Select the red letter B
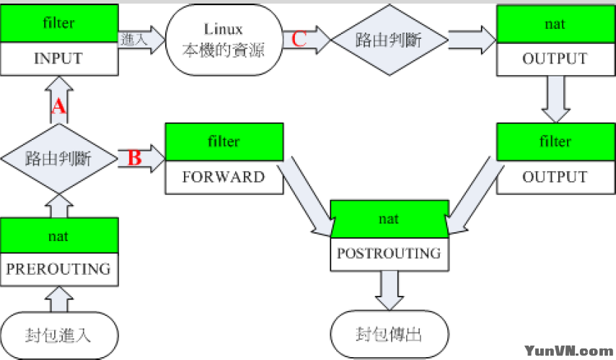point(134,157)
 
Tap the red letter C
point(299,39)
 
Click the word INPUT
point(59,59)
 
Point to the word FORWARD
point(224,177)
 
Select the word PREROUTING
point(59,268)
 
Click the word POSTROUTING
point(389,253)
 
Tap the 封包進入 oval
point(59,335)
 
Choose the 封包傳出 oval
point(390,335)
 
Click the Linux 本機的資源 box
point(224,40)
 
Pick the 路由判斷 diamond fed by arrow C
point(389,40)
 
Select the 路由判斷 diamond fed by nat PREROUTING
point(59,158)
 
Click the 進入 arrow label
point(134,40)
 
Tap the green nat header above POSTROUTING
point(389,218)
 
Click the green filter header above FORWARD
point(224,141)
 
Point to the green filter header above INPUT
point(59,24)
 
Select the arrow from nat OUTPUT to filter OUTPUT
point(555,100)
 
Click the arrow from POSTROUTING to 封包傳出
point(389,291)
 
